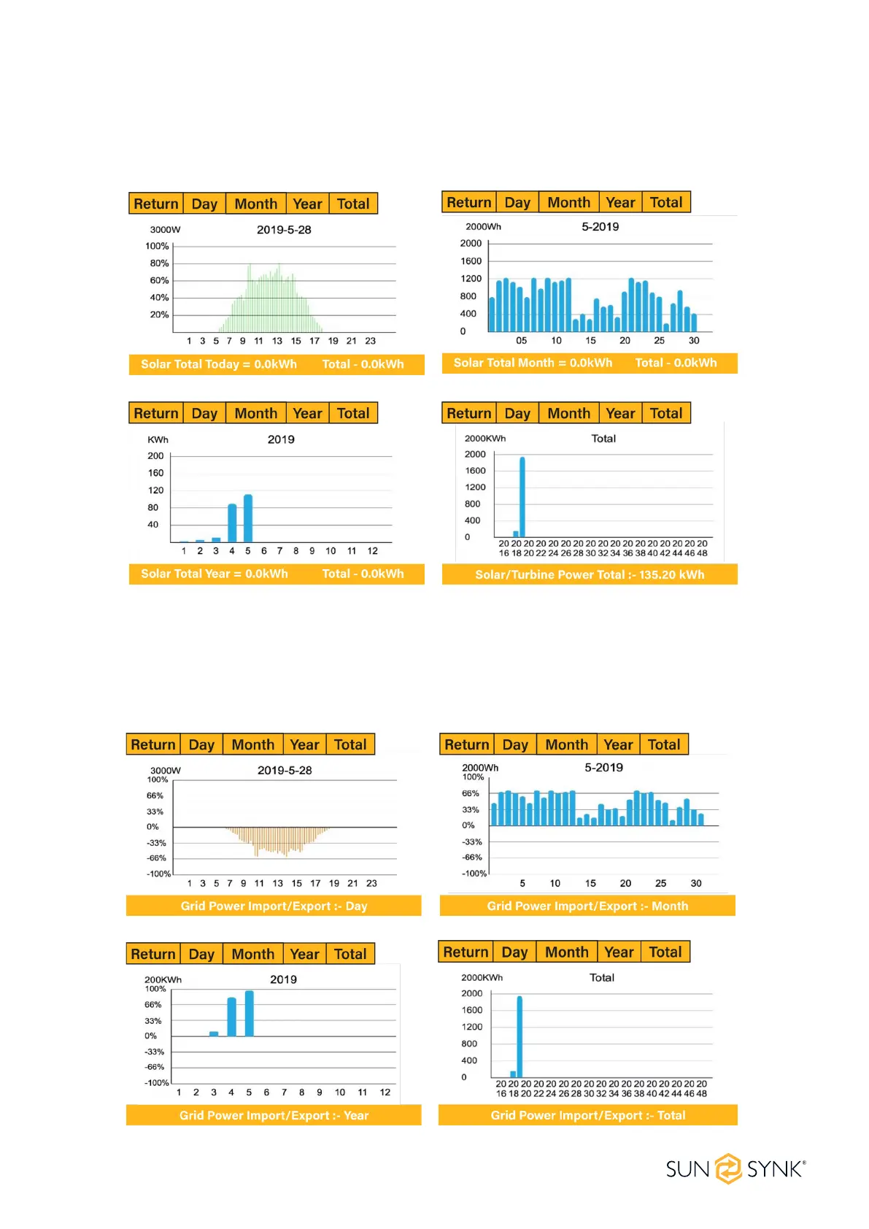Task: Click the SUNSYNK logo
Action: [735, 1169]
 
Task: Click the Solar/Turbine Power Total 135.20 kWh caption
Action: [590, 574]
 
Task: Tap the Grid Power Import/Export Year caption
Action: [274, 1115]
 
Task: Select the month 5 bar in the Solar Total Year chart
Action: [248, 518]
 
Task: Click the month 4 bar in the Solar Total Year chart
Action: [232, 523]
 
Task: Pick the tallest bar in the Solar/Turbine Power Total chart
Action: [522, 496]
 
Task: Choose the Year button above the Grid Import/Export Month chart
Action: [618, 744]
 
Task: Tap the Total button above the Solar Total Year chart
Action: [353, 413]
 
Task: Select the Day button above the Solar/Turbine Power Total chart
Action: [517, 413]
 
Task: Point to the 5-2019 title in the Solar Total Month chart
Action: [600, 227]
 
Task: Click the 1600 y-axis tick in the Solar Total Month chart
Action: [471, 261]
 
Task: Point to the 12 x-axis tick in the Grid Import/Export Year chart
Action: [385, 1093]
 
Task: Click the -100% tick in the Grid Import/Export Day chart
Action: [158, 874]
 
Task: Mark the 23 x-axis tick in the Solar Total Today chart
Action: [371, 341]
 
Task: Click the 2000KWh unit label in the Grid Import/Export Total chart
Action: [482, 977]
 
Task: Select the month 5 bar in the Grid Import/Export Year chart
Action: [250, 1014]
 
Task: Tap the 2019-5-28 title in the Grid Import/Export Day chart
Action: [285, 770]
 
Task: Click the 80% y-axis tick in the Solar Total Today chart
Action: [159, 263]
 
